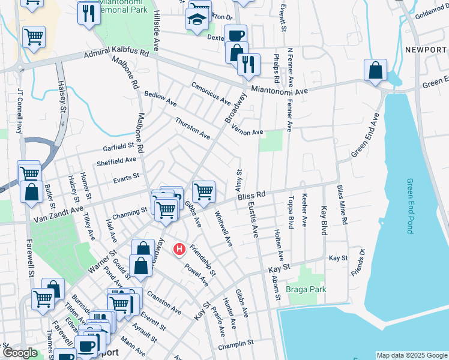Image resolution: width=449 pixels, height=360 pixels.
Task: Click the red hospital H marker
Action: pyautogui.click(x=178, y=249)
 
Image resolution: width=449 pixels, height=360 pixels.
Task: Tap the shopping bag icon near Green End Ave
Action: pyautogui.click(x=375, y=70)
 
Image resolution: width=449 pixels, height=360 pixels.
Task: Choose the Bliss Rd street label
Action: pyautogui.click(x=252, y=197)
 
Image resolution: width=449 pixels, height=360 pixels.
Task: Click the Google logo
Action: pyautogui.click(x=21, y=353)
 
